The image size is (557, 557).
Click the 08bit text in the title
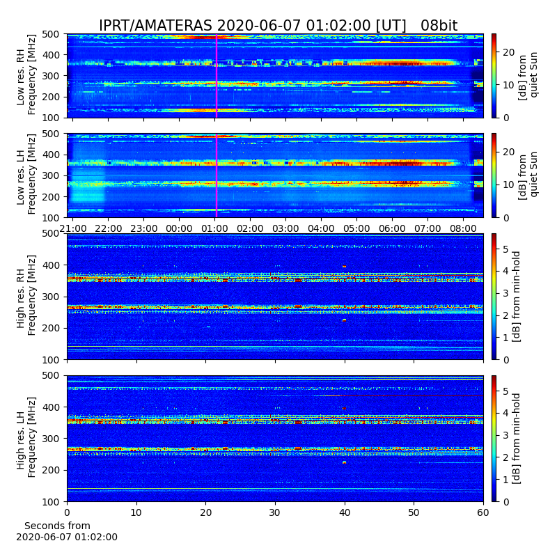[439, 26]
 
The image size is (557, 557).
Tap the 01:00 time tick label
[214, 228]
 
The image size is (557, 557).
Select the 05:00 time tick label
[356, 228]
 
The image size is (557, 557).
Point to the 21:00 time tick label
[73, 228]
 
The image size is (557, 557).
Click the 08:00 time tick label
[463, 228]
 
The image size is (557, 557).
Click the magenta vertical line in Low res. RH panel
[217, 76]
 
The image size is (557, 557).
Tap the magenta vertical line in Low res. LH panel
[217, 175]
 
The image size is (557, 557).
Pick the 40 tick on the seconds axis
[345, 512]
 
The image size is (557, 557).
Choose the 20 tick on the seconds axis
[205, 512]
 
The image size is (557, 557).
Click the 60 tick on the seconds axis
[483, 512]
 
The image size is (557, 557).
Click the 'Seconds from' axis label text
[57, 526]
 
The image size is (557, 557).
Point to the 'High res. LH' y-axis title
[21, 439]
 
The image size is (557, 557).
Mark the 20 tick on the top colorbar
[509, 52]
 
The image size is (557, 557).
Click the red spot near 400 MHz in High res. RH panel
[344, 266]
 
